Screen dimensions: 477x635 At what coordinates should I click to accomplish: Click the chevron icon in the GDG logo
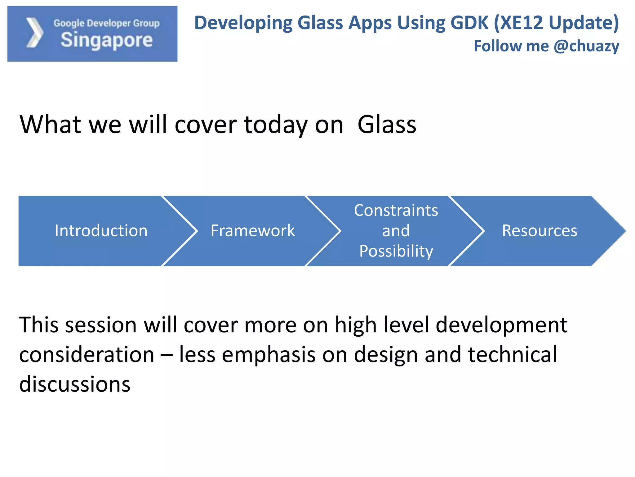tap(34, 33)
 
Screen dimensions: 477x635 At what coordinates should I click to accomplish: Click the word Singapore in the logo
tap(106, 40)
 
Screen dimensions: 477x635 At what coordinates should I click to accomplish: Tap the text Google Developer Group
tap(106, 23)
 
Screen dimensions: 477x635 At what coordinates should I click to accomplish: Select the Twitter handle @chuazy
tap(586, 46)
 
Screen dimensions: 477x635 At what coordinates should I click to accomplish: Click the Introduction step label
tap(101, 231)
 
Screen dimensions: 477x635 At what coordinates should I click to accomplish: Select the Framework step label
tap(253, 231)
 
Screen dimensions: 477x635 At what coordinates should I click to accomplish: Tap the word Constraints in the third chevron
tap(396, 211)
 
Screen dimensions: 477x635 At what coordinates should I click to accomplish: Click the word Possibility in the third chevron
tap(396, 251)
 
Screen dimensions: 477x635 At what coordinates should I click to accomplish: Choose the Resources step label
tap(540, 231)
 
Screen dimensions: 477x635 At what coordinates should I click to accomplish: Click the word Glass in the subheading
tap(387, 125)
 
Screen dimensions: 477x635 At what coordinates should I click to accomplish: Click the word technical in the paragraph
tap(512, 355)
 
